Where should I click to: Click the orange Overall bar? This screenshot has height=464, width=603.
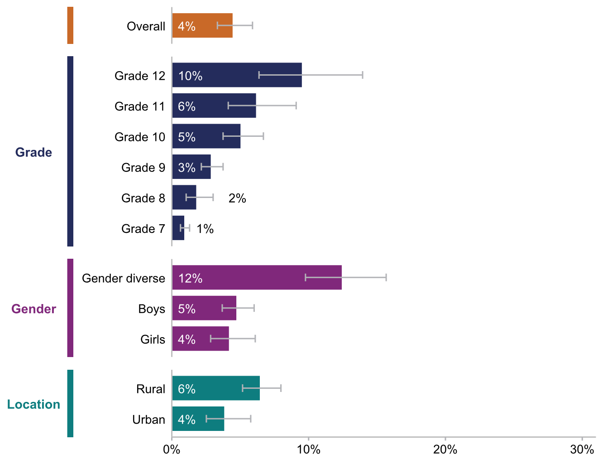coord(202,26)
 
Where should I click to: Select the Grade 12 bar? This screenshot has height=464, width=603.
coord(237,75)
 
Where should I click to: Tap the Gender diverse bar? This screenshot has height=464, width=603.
coord(257,278)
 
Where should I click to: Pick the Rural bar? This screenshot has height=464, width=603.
coord(216,388)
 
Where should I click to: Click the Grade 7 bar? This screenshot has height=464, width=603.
coord(178,228)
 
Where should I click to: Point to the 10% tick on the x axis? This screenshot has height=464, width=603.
coord(309,438)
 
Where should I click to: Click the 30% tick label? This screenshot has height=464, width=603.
coord(582,449)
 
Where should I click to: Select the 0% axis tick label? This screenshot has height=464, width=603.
coord(172,449)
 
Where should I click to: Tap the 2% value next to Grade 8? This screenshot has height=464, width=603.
coord(237,198)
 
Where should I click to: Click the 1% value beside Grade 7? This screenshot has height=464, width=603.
coord(205,229)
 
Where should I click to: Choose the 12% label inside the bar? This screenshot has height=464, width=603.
coord(190,278)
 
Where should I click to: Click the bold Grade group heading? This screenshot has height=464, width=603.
coord(33,152)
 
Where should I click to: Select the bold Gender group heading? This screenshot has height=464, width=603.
coord(33,309)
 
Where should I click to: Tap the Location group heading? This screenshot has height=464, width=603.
coord(33,404)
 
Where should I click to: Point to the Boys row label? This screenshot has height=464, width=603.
coord(152,309)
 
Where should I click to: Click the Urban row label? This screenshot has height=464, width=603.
coord(148,420)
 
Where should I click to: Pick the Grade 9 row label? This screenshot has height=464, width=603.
coord(143,168)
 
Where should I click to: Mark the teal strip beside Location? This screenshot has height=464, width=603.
coord(70,403)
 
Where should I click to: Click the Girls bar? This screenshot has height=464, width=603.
coord(201,339)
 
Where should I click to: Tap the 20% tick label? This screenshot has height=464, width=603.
coord(445,449)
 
